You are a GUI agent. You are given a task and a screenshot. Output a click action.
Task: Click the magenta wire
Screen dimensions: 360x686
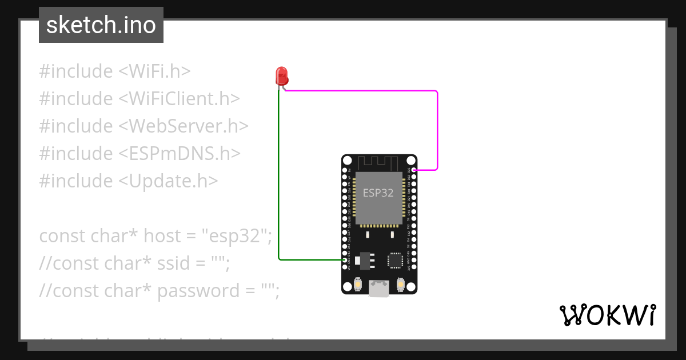[437, 126]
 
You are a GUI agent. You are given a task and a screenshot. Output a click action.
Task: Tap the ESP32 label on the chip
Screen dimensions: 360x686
[378, 193]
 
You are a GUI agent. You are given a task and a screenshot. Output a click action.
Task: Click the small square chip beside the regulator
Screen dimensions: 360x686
[396, 261]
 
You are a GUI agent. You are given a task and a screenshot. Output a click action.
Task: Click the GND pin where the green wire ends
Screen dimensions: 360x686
[345, 260]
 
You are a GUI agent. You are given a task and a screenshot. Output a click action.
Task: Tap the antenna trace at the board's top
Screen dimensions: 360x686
[379, 162]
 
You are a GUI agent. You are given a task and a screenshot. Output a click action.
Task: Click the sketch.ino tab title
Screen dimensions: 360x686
[101, 25]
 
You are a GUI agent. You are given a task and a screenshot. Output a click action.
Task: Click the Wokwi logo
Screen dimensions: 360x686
[607, 315]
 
